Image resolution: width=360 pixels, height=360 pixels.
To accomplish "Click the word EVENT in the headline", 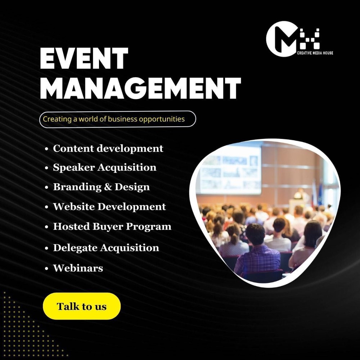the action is (x=84, y=58).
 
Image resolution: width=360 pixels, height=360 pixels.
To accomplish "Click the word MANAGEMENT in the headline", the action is (x=140, y=88).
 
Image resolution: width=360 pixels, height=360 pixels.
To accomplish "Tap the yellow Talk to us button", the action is (x=82, y=306).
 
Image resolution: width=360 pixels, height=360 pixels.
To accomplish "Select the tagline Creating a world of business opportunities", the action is (x=114, y=119).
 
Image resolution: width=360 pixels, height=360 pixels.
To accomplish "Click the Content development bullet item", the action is (x=108, y=149).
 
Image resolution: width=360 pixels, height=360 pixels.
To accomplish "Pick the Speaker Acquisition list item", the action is (x=105, y=168).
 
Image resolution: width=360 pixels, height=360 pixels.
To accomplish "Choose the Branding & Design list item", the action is (x=102, y=187).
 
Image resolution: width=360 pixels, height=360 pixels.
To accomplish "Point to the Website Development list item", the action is (x=109, y=207).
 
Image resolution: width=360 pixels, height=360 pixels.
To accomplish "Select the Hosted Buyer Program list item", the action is (x=112, y=226).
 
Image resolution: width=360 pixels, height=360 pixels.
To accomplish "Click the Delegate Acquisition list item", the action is (x=106, y=248).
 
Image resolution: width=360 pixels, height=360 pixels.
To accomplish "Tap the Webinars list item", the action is (x=78, y=268).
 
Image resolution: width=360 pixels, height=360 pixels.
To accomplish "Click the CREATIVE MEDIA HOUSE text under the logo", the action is (x=315, y=53).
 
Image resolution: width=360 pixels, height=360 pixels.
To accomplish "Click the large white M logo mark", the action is (x=282, y=39).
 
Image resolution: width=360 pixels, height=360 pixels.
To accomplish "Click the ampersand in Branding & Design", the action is (x=108, y=187).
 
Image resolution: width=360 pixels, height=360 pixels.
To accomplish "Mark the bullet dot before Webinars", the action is (x=46, y=269).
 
